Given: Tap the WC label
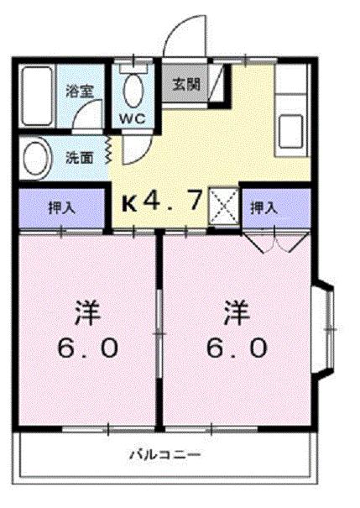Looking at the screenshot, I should coord(134,118).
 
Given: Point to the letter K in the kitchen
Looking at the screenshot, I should coord(130,202).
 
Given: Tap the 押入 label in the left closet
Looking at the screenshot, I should coord(61,207).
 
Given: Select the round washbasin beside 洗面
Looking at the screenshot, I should coord(38,156).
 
